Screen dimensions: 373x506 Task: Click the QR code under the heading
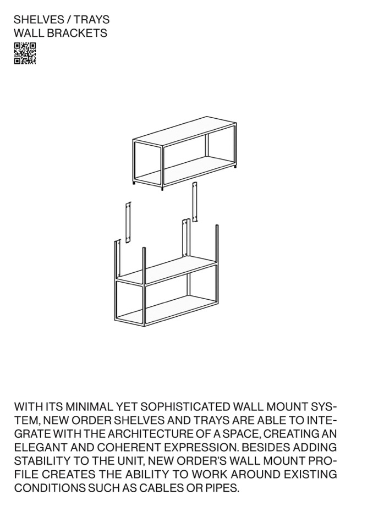(x=25, y=53)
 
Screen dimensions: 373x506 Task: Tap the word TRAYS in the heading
(x=92, y=20)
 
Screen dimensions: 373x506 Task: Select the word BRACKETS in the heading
(x=79, y=33)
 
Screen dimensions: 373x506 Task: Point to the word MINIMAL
(x=89, y=406)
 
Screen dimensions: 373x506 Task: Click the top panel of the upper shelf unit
(x=184, y=129)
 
